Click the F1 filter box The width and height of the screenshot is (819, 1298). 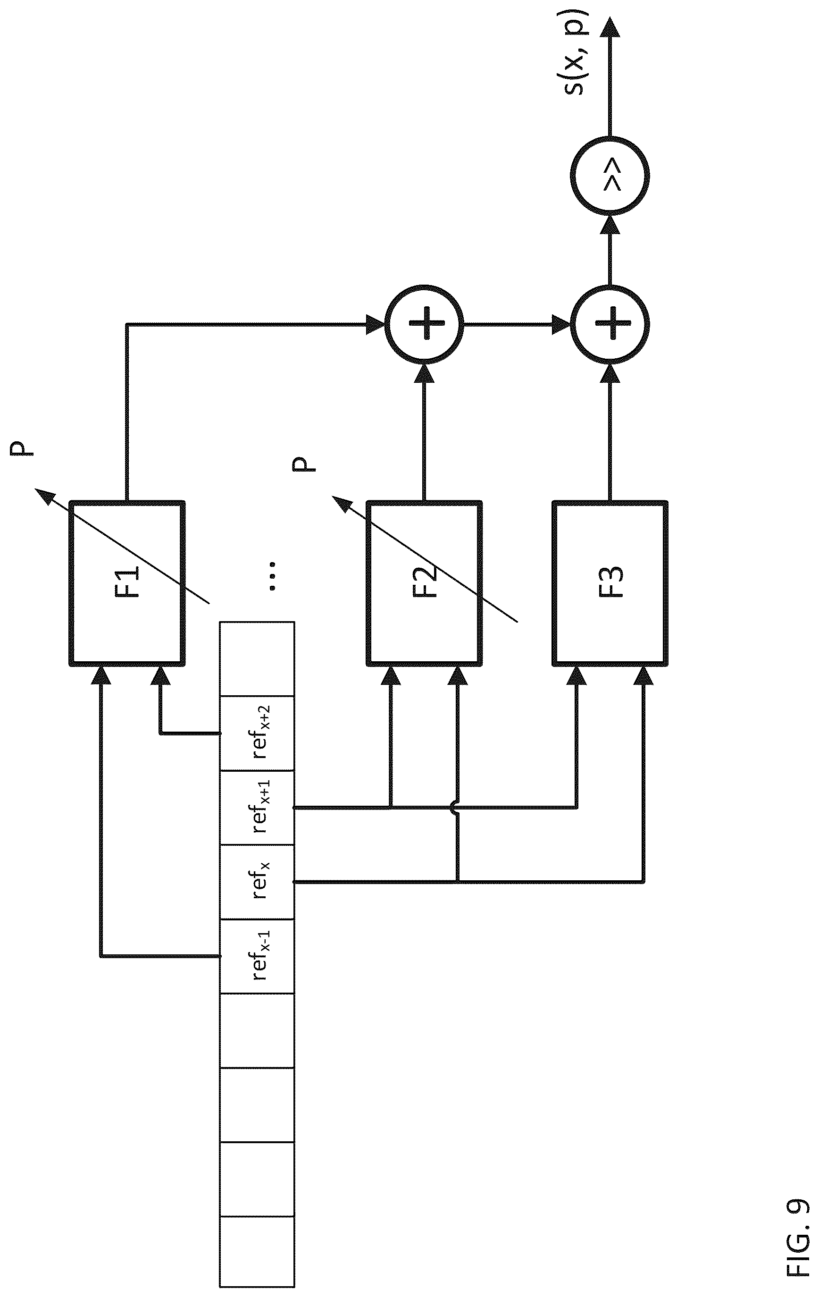click(x=127, y=583)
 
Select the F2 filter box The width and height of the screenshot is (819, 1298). click(x=424, y=583)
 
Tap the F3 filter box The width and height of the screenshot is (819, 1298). click(x=610, y=583)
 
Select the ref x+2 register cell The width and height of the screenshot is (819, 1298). click(x=257, y=733)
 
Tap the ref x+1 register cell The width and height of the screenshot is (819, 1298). click(x=257, y=808)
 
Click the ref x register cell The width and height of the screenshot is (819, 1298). click(x=257, y=882)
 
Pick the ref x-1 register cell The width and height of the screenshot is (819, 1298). click(x=257, y=957)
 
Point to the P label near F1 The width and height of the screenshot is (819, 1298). click(x=22, y=448)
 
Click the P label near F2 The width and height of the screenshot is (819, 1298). click(x=303, y=464)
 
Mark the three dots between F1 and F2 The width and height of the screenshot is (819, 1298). click(x=272, y=576)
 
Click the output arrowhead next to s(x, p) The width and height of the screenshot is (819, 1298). click(x=610, y=28)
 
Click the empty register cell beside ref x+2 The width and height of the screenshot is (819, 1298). click(x=257, y=659)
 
